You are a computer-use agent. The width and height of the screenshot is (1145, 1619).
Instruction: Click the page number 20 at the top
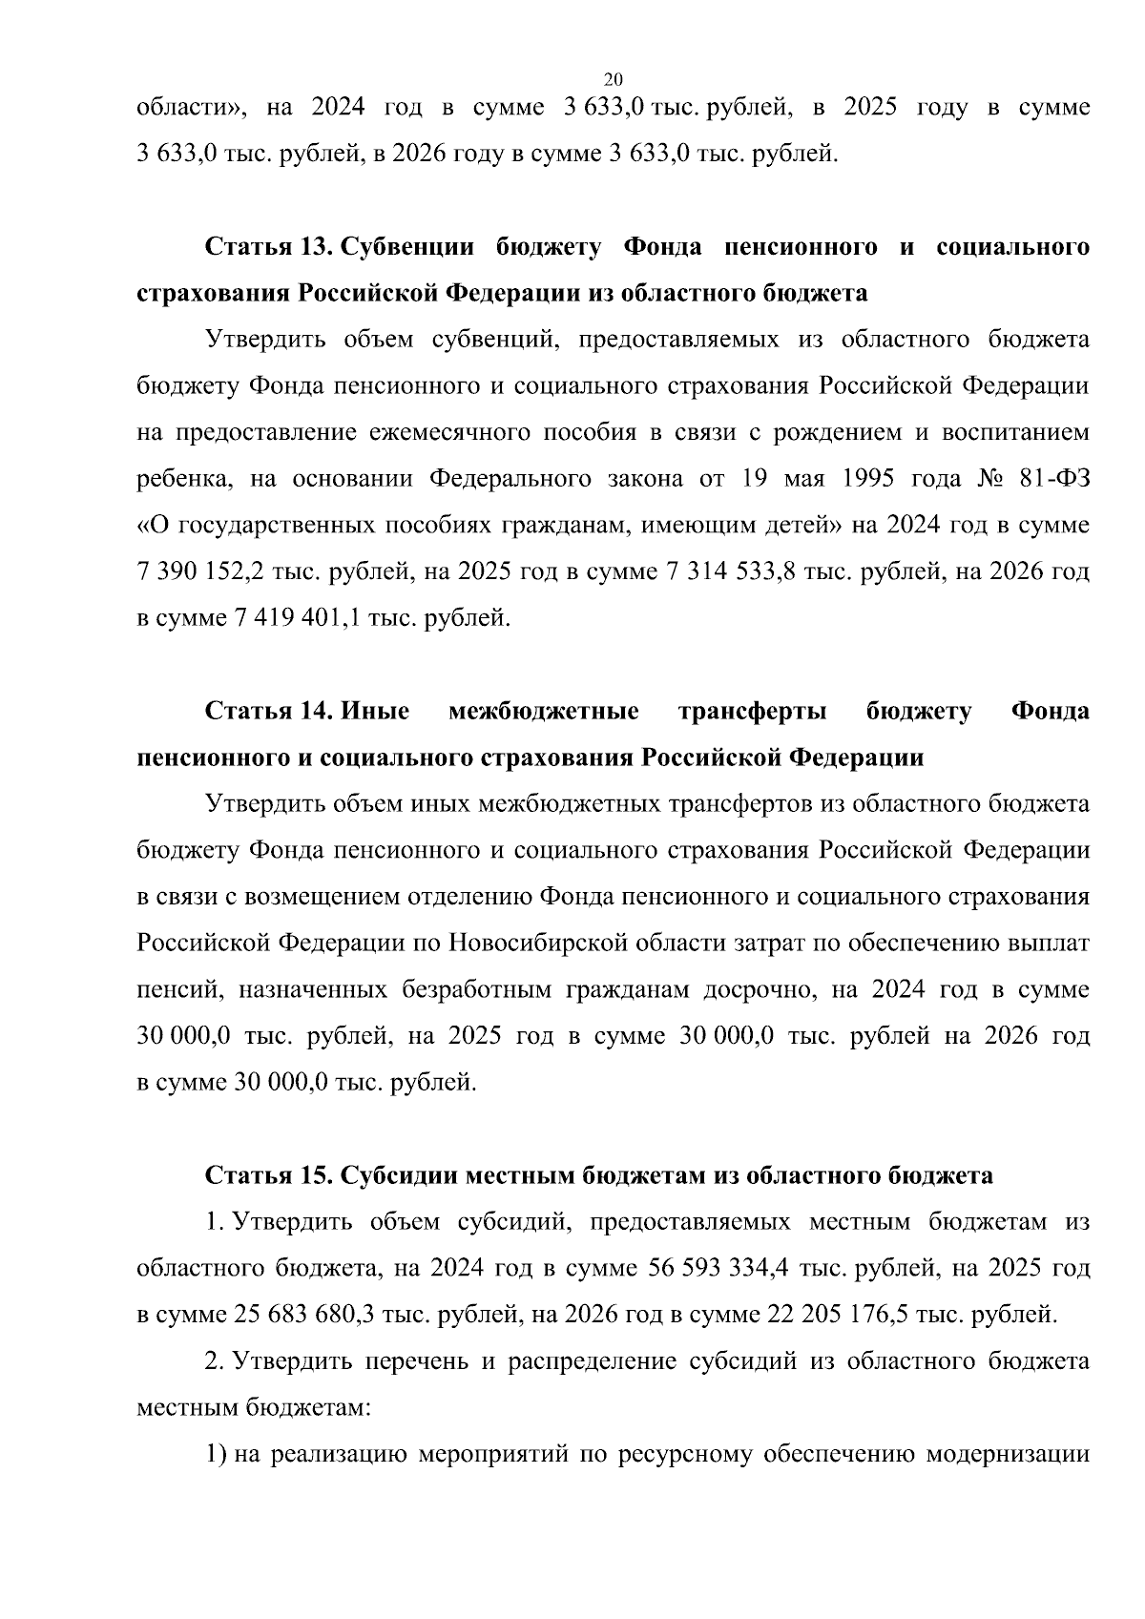click(x=614, y=79)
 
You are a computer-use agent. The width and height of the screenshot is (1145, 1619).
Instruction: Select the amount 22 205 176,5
click(x=837, y=1315)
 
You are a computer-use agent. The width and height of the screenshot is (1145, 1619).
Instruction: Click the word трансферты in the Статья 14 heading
click(x=752, y=712)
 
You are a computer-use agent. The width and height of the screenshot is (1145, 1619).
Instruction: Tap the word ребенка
click(x=185, y=479)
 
